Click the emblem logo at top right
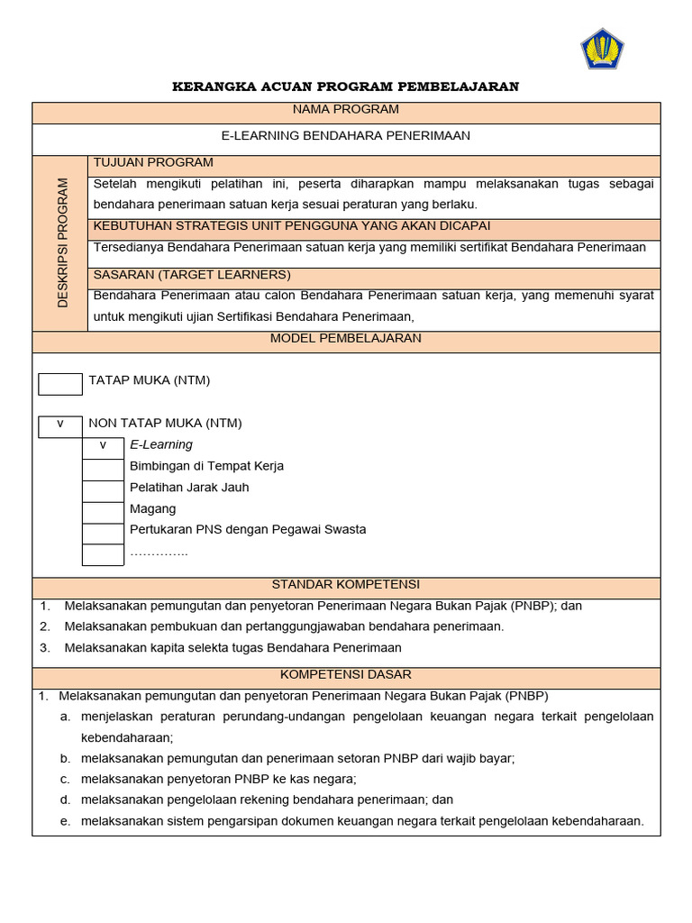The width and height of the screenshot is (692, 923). click(602, 49)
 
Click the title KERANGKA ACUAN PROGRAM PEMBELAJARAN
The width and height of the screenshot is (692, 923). click(346, 87)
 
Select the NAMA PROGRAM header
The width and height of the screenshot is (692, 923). click(346, 110)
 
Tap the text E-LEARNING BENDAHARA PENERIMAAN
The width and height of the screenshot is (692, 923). click(346, 136)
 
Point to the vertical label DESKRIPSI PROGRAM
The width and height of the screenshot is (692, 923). click(62, 242)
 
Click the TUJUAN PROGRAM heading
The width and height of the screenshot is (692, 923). click(153, 163)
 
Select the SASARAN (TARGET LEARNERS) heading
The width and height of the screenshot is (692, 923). click(192, 275)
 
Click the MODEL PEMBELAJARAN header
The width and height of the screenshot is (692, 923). click(346, 339)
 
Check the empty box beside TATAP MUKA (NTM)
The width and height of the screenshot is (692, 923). click(60, 383)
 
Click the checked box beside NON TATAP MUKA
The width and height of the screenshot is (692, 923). click(60, 425)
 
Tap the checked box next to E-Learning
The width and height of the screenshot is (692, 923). click(103, 445)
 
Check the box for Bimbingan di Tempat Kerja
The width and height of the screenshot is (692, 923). click(103, 468)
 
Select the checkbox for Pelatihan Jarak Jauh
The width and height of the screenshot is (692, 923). click(103, 489)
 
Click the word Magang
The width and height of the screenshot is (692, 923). click(153, 509)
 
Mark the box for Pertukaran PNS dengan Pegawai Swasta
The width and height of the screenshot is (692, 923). click(103, 532)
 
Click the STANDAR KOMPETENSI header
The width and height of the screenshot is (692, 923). click(346, 585)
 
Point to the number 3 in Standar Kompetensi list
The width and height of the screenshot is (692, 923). click(43, 648)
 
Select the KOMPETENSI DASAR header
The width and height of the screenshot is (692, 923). click(346, 675)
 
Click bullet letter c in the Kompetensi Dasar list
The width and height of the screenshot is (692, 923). click(65, 780)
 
